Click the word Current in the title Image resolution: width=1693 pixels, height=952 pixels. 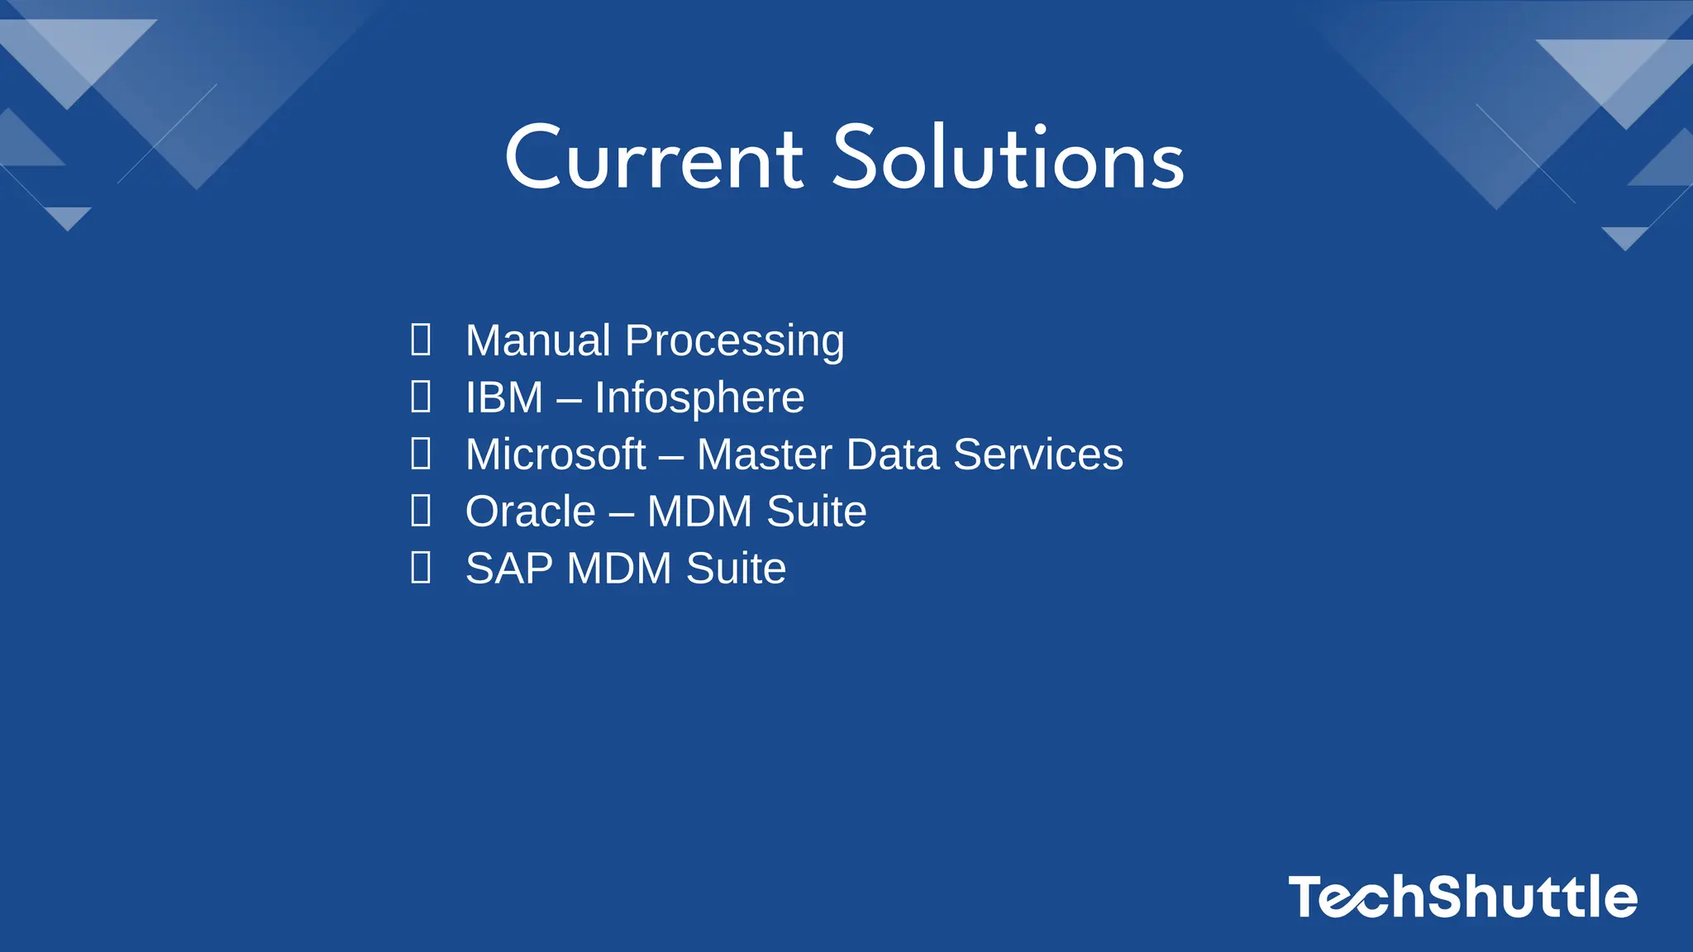pos(653,159)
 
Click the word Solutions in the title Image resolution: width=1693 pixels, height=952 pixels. pos(1008,159)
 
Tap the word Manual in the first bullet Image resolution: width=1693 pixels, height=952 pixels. pos(538,340)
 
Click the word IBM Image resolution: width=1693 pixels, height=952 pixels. pos(504,397)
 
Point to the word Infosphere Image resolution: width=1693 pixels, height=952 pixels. pos(699,398)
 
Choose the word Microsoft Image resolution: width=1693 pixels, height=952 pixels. pos(556,455)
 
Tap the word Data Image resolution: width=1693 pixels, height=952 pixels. pos(893,455)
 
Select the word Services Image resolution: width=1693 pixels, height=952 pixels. pos(1038,455)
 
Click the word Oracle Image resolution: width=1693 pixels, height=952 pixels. pos(531,512)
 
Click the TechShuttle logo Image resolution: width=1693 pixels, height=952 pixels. pos(1462,897)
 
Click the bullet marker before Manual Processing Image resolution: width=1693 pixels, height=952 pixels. pos(421,340)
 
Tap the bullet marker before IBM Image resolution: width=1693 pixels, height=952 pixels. pos(421,397)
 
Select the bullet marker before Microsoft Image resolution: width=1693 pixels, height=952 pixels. pos(421,454)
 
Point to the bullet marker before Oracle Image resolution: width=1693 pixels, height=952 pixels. pos(421,511)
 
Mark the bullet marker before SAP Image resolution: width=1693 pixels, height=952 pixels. pos(421,568)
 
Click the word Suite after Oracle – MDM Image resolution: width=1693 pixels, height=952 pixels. pos(817,512)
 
